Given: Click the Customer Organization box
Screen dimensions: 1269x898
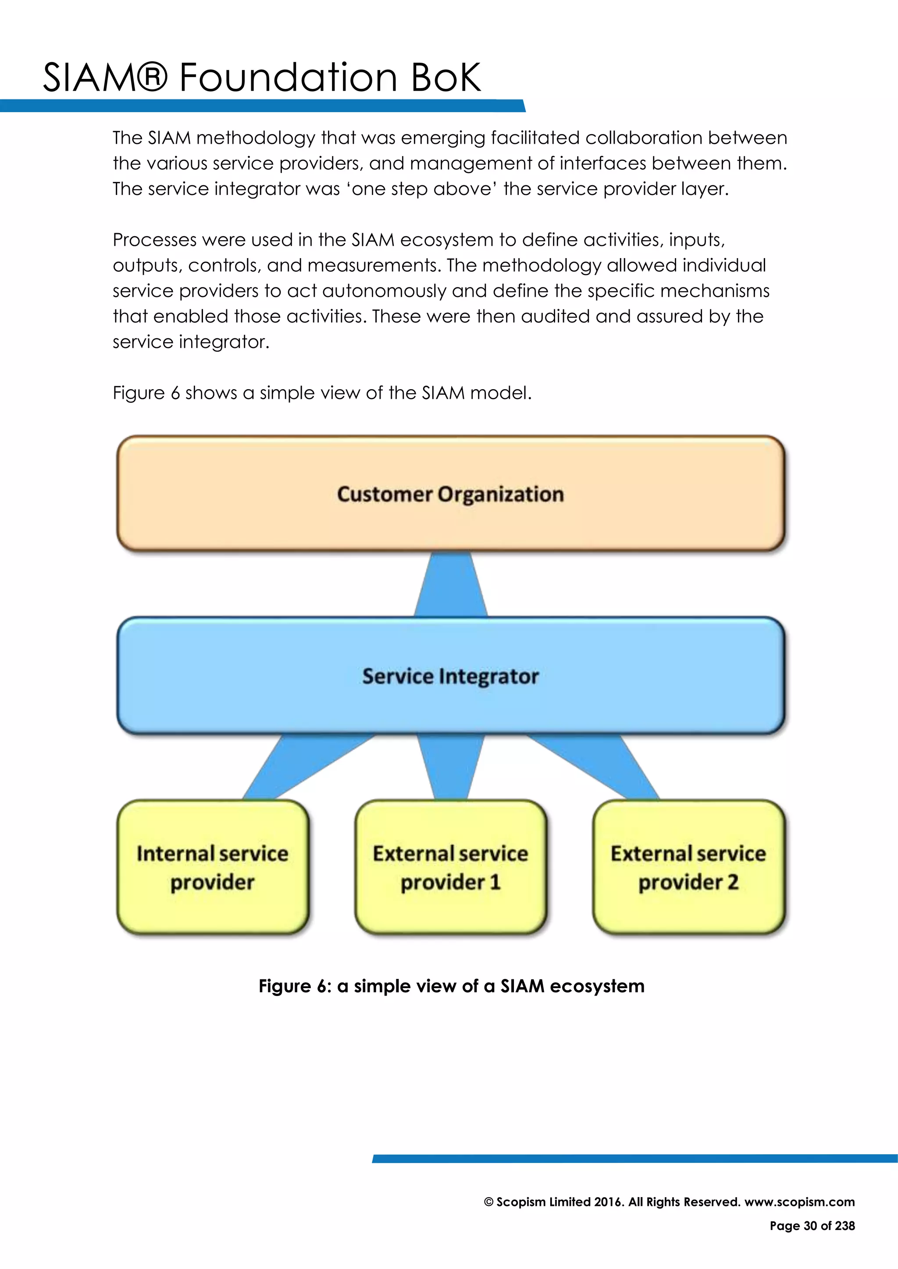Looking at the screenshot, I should (450, 493).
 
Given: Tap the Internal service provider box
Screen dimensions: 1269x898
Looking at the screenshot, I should (212, 867).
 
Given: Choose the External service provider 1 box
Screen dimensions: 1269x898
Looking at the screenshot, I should (450, 867).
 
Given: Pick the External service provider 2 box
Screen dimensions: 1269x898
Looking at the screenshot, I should (688, 867).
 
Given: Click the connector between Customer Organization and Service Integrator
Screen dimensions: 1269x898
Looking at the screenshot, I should (451, 585).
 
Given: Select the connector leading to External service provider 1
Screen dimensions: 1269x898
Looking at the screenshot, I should (451, 767).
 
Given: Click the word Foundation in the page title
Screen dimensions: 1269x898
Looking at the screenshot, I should (288, 78).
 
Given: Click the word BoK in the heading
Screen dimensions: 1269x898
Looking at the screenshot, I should (445, 78).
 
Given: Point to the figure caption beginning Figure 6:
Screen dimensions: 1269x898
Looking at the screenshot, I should (451, 986).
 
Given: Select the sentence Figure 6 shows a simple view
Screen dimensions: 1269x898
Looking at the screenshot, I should (322, 393).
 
